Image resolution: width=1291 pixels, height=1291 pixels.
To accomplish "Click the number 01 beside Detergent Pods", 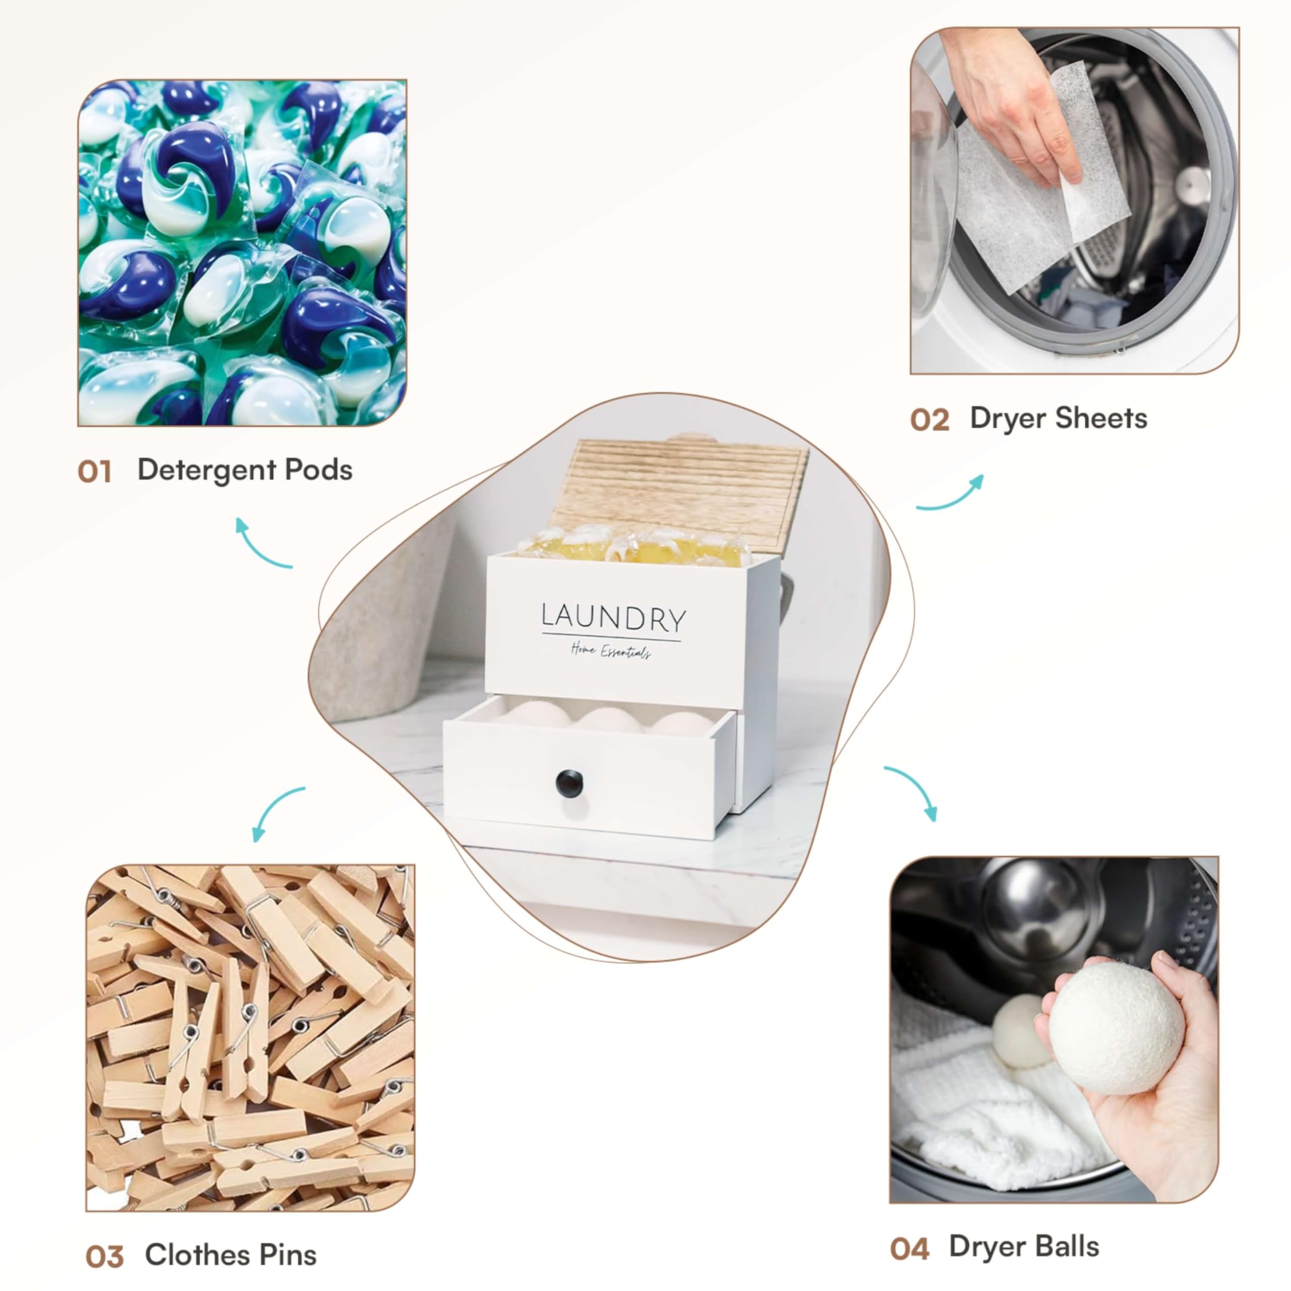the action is pyautogui.click(x=94, y=472).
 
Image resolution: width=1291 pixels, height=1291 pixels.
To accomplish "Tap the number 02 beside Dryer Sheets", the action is pyautogui.click(x=929, y=420).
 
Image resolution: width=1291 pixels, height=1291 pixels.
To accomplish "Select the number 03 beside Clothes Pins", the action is pyautogui.click(x=105, y=1257).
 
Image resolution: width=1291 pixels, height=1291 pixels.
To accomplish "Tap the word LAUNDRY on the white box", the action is pyautogui.click(x=613, y=618).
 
